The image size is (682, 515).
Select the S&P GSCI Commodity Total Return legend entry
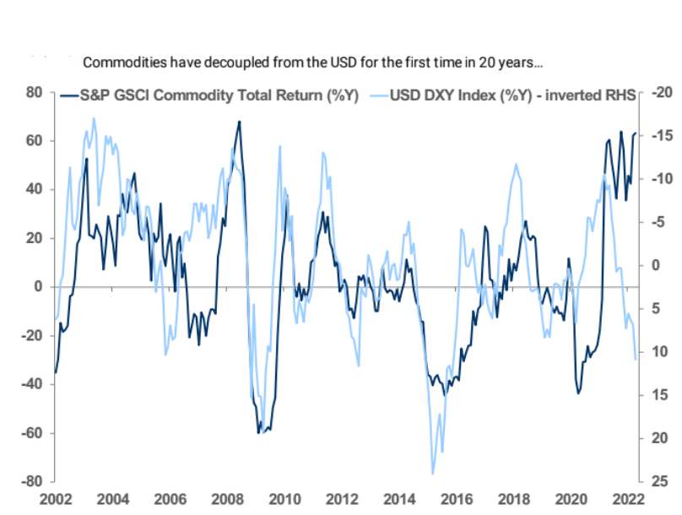click(211, 96)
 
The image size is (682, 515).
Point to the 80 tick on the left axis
click(35, 92)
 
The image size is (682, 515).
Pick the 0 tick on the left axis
click(39, 287)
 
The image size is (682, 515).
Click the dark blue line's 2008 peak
click(239, 122)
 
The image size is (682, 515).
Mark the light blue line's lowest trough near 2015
click(432, 474)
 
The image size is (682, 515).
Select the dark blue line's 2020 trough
click(579, 393)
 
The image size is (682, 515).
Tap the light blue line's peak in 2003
click(93, 118)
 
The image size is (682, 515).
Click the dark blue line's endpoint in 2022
click(636, 133)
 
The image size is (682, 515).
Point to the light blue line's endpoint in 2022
click(636, 360)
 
